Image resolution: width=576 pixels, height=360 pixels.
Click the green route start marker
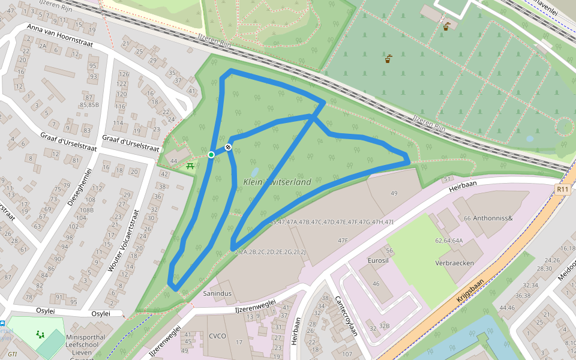(x=211, y=155)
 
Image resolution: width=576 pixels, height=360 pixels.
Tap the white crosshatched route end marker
(x=228, y=148)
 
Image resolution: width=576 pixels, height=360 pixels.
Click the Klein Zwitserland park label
(x=277, y=182)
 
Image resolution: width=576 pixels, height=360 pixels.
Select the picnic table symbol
(x=190, y=165)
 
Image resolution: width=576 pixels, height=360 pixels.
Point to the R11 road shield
(x=562, y=189)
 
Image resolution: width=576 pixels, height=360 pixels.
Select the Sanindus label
(x=217, y=293)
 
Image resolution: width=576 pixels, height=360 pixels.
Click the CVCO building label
(x=217, y=335)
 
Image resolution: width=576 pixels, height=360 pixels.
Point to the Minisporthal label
(x=86, y=337)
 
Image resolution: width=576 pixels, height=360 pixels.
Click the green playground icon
(x=40, y=334)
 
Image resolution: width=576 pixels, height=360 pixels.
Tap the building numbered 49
(x=394, y=193)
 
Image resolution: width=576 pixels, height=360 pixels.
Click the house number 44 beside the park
(x=174, y=161)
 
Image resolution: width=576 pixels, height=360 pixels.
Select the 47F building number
(x=343, y=240)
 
